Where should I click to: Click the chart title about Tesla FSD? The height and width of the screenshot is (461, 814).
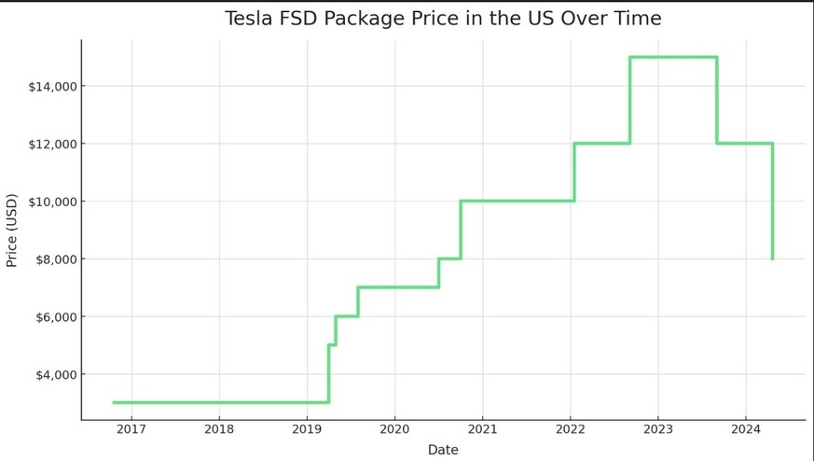[x=443, y=19]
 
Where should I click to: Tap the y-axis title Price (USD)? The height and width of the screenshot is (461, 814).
[x=12, y=230]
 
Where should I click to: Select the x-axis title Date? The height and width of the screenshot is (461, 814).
[x=443, y=450]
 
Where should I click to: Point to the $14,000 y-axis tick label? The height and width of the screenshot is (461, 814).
[x=52, y=87]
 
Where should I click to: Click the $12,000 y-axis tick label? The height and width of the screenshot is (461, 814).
[x=52, y=145]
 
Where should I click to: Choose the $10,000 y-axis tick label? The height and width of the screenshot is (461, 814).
[x=52, y=202]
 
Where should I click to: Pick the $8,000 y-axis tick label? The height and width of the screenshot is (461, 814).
[x=55, y=259]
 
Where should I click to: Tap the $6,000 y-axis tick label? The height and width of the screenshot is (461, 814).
[x=55, y=317]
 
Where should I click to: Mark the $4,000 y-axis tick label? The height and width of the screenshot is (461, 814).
[x=55, y=375]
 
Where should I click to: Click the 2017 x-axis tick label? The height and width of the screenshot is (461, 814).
[x=131, y=429]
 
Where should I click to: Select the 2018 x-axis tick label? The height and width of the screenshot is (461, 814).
[x=219, y=429]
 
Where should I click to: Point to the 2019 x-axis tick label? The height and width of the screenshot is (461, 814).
[x=307, y=429]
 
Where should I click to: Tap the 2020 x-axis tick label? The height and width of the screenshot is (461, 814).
[x=394, y=429]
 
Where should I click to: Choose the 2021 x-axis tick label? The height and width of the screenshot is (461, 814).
[x=482, y=429]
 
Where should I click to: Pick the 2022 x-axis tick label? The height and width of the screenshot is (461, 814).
[x=570, y=429]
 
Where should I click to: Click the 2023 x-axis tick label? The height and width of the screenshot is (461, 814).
[x=657, y=429]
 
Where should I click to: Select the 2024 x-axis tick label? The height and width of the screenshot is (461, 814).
[x=745, y=429]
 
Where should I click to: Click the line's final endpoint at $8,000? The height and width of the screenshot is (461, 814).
[x=772, y=258]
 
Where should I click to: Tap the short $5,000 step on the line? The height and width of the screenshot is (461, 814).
[x=332, y=344]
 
